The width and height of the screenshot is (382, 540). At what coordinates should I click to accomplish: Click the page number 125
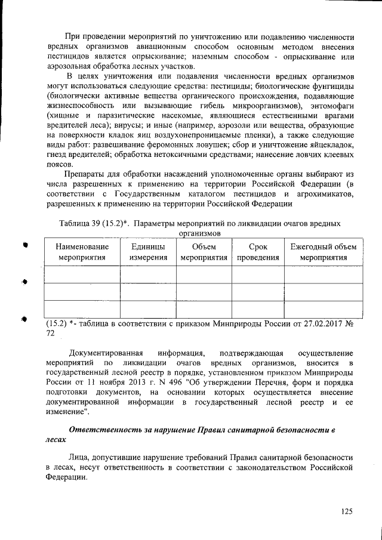pyautogui.click(x=347, y=511)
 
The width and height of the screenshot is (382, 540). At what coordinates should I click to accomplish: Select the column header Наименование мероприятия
pyautogui.click(x=82, y=252)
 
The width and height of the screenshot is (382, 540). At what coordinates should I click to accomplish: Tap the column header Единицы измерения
pyautogui.click(x=148, y=252)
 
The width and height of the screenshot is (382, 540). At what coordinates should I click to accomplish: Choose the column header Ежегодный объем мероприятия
pyautogui.click(x=323, y=252)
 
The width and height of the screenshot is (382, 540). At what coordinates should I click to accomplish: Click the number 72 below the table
pyautogui.click(x=51, y=334)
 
